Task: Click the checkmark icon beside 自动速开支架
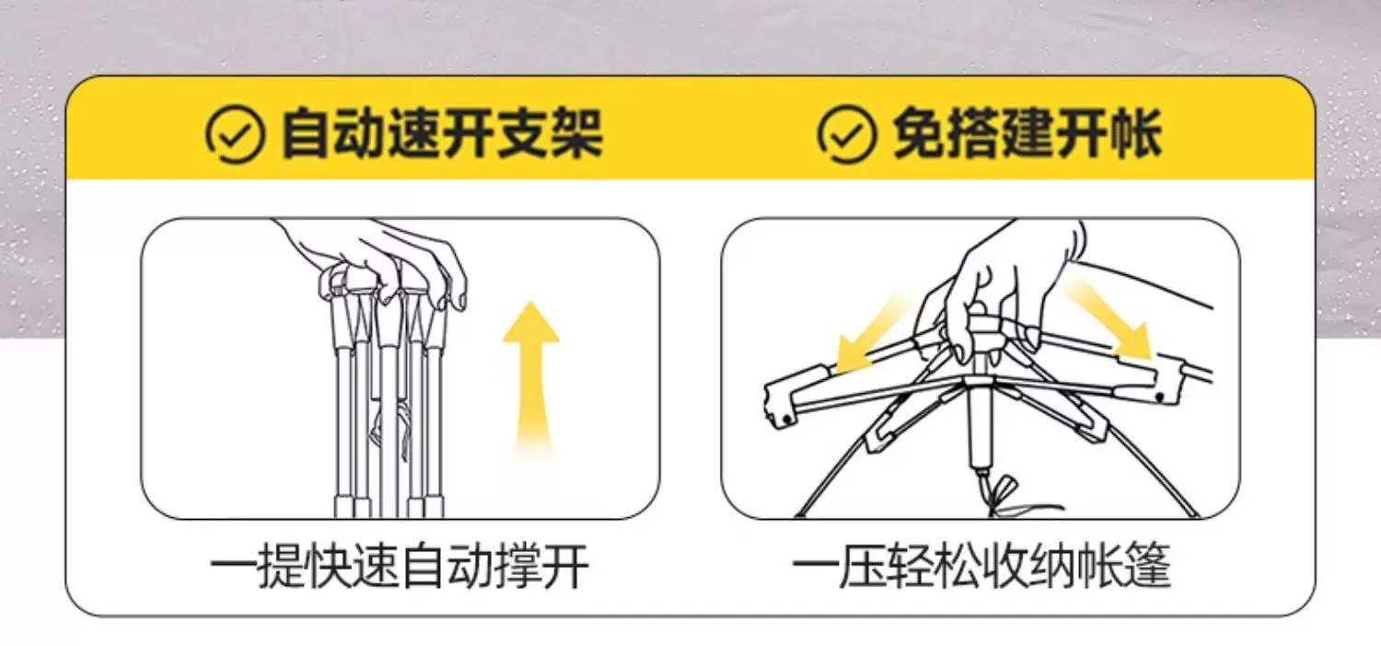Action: click(235, 134)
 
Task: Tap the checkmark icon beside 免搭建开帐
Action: click(846, 133)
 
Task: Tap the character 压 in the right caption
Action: click(863, 566)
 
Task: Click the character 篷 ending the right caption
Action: click(1147, 566)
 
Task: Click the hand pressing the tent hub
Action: click(1011, 283)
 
